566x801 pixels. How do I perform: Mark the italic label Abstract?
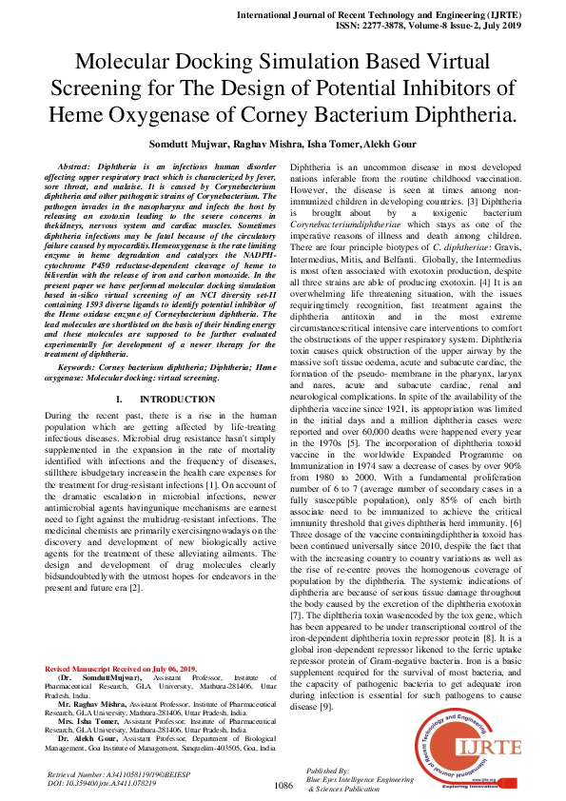tap(79, 166)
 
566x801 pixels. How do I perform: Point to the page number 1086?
tap(283, 786)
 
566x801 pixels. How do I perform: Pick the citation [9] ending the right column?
tap(325, 707)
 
